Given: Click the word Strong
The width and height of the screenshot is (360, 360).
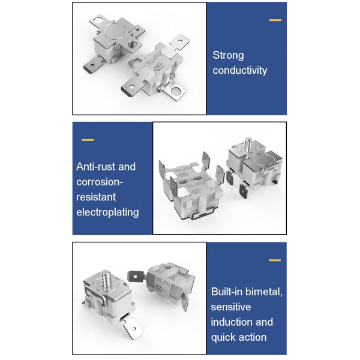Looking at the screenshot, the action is [x=228, y=56].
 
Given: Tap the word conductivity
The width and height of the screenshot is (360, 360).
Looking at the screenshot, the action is [x=239, y=70].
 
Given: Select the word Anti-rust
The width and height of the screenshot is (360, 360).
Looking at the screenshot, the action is [x=95, y=167].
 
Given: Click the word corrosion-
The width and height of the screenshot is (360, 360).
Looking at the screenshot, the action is [x=100, y=182].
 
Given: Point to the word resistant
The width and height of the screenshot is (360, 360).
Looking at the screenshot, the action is [x=96, y=197].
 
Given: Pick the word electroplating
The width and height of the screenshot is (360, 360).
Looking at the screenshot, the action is [x=107, y=212].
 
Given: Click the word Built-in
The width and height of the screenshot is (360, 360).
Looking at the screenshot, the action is [x=227, y=292].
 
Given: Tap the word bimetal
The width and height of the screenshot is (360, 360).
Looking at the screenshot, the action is [x=263, y=292].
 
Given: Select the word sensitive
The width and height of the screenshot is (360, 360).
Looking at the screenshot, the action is [x=231, y=307].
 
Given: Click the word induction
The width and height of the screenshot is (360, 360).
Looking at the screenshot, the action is [x=232, y=322].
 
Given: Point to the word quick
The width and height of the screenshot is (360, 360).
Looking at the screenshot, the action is [x=221, y=337].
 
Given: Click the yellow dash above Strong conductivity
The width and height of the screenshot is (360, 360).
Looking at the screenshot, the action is [x=275, y=20].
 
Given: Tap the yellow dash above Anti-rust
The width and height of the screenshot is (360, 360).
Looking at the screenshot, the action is [x=88, y=140].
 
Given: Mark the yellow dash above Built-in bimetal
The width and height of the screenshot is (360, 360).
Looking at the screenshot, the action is [x=275, y=260].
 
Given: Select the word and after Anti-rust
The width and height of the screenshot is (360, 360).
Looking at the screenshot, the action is [x=127, y=167].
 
